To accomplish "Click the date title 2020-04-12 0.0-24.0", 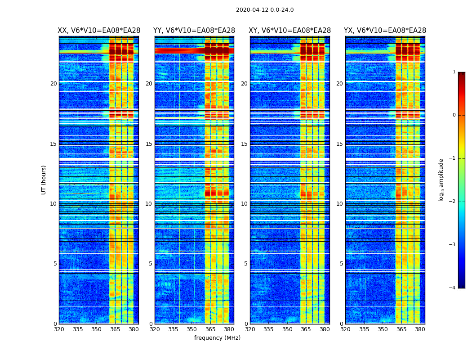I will coord(265,10).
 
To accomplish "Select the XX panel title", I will coord(99,31).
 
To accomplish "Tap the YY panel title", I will coord(194,31).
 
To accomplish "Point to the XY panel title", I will coord(290,31).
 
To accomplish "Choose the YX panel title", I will coord(385,31).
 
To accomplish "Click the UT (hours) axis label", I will coord(44,180).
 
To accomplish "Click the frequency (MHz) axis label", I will coord(217,338).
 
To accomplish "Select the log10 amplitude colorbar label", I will coord(441,180).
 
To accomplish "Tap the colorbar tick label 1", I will coord(454,72).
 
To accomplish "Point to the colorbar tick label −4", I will coord(453,288).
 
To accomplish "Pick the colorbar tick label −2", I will coord(453,202).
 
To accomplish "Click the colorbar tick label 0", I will coord(454,115).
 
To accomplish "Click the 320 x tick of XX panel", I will coord(59,329).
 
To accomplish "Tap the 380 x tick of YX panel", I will coord(420,329).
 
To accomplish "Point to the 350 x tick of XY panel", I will coord(287,329).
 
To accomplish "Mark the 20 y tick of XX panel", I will coord(53,84).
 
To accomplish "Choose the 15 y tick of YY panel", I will coord(149,144).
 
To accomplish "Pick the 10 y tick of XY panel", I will coord(244,204).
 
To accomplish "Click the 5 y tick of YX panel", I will coord(341,264).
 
